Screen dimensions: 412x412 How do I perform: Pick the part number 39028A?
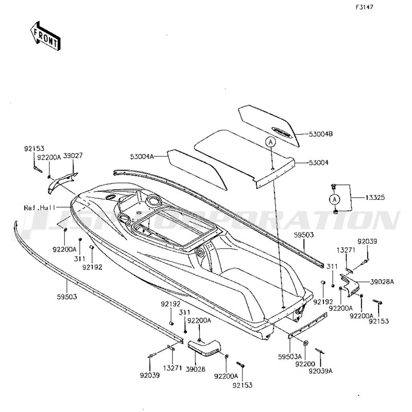click(383, 282)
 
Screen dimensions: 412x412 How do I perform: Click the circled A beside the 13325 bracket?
click(334, 199)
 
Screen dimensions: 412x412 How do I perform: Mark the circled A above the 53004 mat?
click(271, 142)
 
